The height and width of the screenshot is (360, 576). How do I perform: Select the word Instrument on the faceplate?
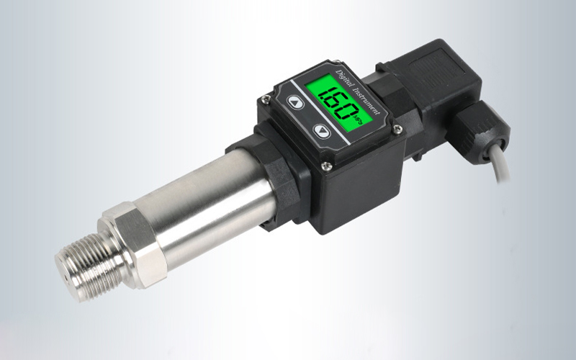point(366,98)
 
